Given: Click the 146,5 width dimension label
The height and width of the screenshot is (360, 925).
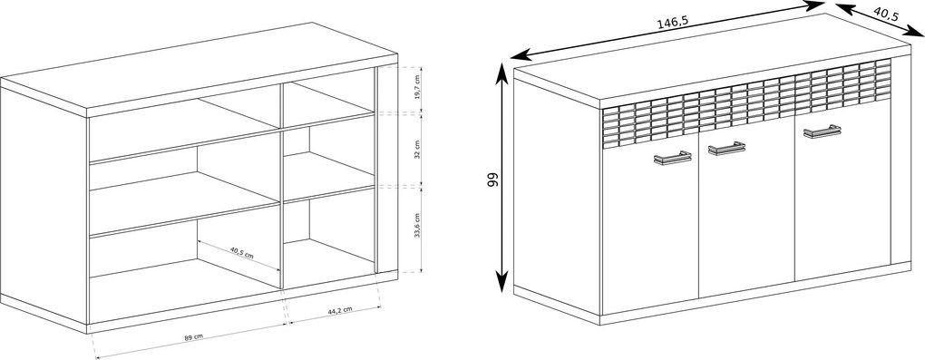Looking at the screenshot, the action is pyautogui.click(x=673, y=23).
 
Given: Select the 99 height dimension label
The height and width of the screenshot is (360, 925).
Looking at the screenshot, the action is pyautogui.click(x=492, y=180).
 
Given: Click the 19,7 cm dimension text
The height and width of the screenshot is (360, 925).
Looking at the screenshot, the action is pyautogui.click(x=417, y=88).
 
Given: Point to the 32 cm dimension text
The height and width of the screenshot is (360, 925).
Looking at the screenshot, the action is pyautogui.click(x=417, y=150).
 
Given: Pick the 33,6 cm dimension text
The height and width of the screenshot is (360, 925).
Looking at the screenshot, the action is pyautogui.click(x=417, y=226).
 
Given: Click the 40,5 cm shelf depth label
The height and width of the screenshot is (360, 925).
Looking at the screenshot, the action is pyautogui.click(x=241, y=252).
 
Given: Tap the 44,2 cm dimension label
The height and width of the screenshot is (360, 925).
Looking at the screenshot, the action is pyautogui.click(x=340, y=310).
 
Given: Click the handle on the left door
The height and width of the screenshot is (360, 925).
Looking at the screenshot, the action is pyautogui.click(x=673, y=158).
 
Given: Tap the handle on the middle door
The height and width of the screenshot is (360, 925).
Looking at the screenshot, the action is pyautogui.click(x=726, y=148).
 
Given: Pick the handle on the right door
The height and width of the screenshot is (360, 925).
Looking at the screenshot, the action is pyautogui.click(x=823, y=131).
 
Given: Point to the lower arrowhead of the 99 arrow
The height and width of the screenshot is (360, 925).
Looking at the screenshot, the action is pyautogui.click(x=501, y=282).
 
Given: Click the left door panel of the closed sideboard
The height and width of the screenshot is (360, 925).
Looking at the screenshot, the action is pyautogui.click(x=650, y=230).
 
